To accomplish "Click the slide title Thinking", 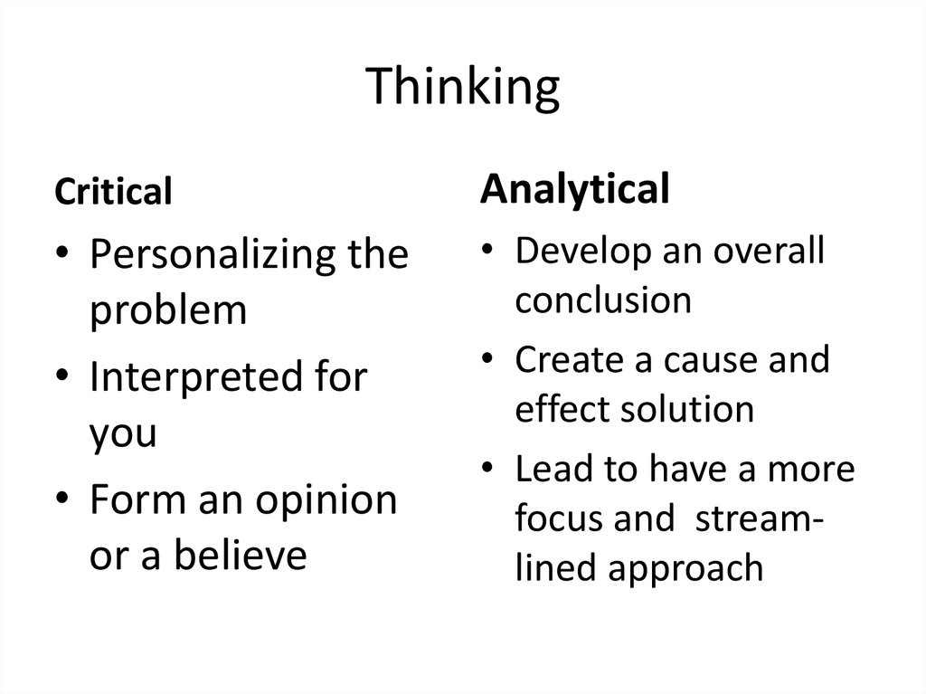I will pyautogui.click(x=463, y=90).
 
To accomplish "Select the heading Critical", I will pyautogui.click(x=113, y=192).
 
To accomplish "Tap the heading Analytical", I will pyautogui.click(x=575, y=190).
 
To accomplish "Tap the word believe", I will pyautogui.click(x=240, y=556).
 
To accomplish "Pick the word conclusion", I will pyautogui.click(x=603, y=299).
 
